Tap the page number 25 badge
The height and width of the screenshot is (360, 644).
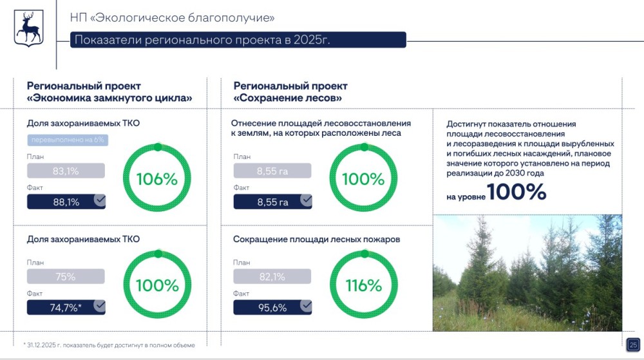pos(632,343)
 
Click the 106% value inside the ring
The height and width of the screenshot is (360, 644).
pos(156,179)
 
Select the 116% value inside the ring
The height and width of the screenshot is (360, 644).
pos(364,285)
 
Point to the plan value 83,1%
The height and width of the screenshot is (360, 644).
pos(66,171)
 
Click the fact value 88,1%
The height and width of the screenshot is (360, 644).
pos(66,202)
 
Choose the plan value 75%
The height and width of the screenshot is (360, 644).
pos(66,276)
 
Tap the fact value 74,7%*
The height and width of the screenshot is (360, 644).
pos(66,307)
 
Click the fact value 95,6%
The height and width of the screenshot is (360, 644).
pos(272,307)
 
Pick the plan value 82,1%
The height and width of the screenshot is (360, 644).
pos(272,276)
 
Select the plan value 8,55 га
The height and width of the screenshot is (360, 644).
pos(272,171)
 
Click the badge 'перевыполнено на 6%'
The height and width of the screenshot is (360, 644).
pos(67,139)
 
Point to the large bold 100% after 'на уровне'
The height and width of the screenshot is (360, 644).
pos(516,192)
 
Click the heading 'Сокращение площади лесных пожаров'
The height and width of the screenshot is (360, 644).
pos(316,240)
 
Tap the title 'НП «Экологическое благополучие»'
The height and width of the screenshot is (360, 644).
pos(172,17)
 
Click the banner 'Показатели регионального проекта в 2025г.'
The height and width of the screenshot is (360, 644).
pos(238,40)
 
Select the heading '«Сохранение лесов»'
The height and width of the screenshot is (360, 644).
pos(287,99)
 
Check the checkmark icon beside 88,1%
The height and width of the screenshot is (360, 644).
pos(99,200)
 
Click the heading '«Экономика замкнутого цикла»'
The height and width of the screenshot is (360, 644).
pos(109,99)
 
